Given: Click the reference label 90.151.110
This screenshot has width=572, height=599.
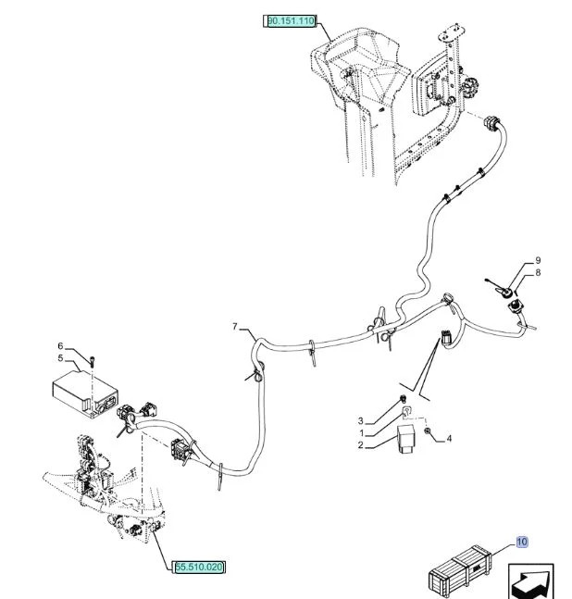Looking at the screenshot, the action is point(291,20).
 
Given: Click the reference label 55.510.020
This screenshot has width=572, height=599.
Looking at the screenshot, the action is point(199,567).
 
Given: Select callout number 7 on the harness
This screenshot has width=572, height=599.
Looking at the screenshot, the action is point(235,327).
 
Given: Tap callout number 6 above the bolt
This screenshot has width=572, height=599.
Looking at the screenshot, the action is point(60,346).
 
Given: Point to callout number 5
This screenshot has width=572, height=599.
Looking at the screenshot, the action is point(60,358).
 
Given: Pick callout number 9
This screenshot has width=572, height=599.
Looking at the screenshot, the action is point(538,260).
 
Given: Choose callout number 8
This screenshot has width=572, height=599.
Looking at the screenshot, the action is point(538,273).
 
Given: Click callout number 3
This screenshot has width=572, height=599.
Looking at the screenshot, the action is point(360,421).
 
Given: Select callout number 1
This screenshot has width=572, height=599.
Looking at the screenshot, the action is point(361,433).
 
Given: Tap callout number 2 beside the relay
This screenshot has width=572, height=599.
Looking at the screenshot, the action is point(360,445).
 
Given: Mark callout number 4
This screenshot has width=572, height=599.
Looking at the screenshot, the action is point(449,439).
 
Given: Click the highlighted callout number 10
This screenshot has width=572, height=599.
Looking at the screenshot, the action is point(522,542).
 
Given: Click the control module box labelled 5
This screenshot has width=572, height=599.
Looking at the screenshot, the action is point(85,393).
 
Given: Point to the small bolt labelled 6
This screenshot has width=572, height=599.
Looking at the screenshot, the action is point(93,361).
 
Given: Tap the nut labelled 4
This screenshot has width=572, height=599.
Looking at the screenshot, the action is point(428,431).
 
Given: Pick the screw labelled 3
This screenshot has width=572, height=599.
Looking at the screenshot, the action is point(402,399).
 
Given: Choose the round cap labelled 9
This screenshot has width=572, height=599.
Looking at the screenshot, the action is point(506,293).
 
